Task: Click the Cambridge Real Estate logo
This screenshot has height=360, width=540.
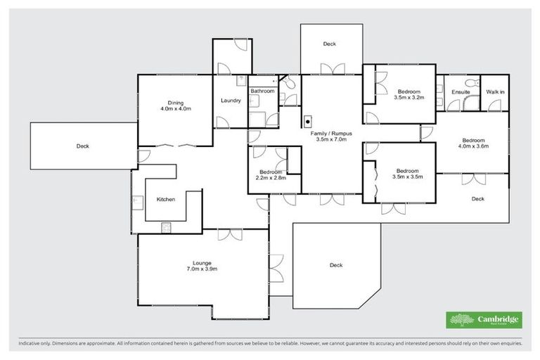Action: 484,320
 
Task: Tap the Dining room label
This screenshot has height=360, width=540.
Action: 175,103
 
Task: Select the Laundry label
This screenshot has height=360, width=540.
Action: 231,101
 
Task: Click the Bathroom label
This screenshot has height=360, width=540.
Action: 262,91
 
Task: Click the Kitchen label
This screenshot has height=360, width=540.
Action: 166,200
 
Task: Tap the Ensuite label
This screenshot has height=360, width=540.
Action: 461,92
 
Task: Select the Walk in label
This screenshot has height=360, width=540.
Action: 496,92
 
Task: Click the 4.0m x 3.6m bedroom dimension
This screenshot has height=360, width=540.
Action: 472,146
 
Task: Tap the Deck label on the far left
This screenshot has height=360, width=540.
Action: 83,146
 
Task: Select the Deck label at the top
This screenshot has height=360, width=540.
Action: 329,44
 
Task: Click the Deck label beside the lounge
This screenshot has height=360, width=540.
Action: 335,265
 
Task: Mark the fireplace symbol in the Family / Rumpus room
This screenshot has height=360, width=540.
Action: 307,120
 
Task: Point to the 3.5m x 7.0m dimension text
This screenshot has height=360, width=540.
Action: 333,140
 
